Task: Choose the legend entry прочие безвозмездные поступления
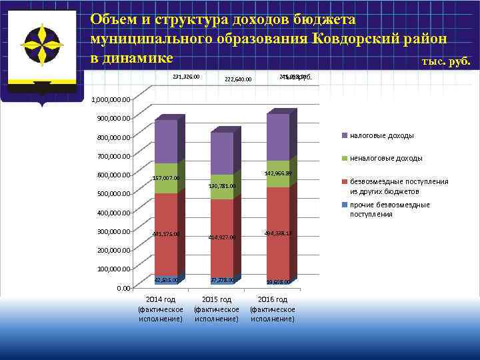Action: pyautogui.click(x=389, y=209)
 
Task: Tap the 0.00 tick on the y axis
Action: pyautogui.click(x=123, y=289)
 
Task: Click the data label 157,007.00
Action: pyautogui.click(x=166, y=178)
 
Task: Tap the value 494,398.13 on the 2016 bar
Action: pyautogui.click(x=279, y=233)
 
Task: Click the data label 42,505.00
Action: pyautogui.click(x=166, y=280)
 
